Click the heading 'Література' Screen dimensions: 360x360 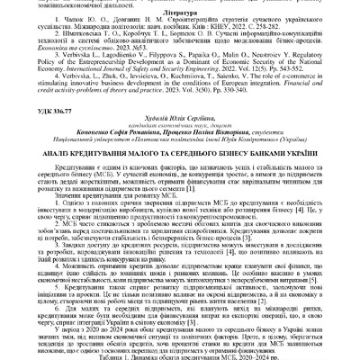coord(179,27)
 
